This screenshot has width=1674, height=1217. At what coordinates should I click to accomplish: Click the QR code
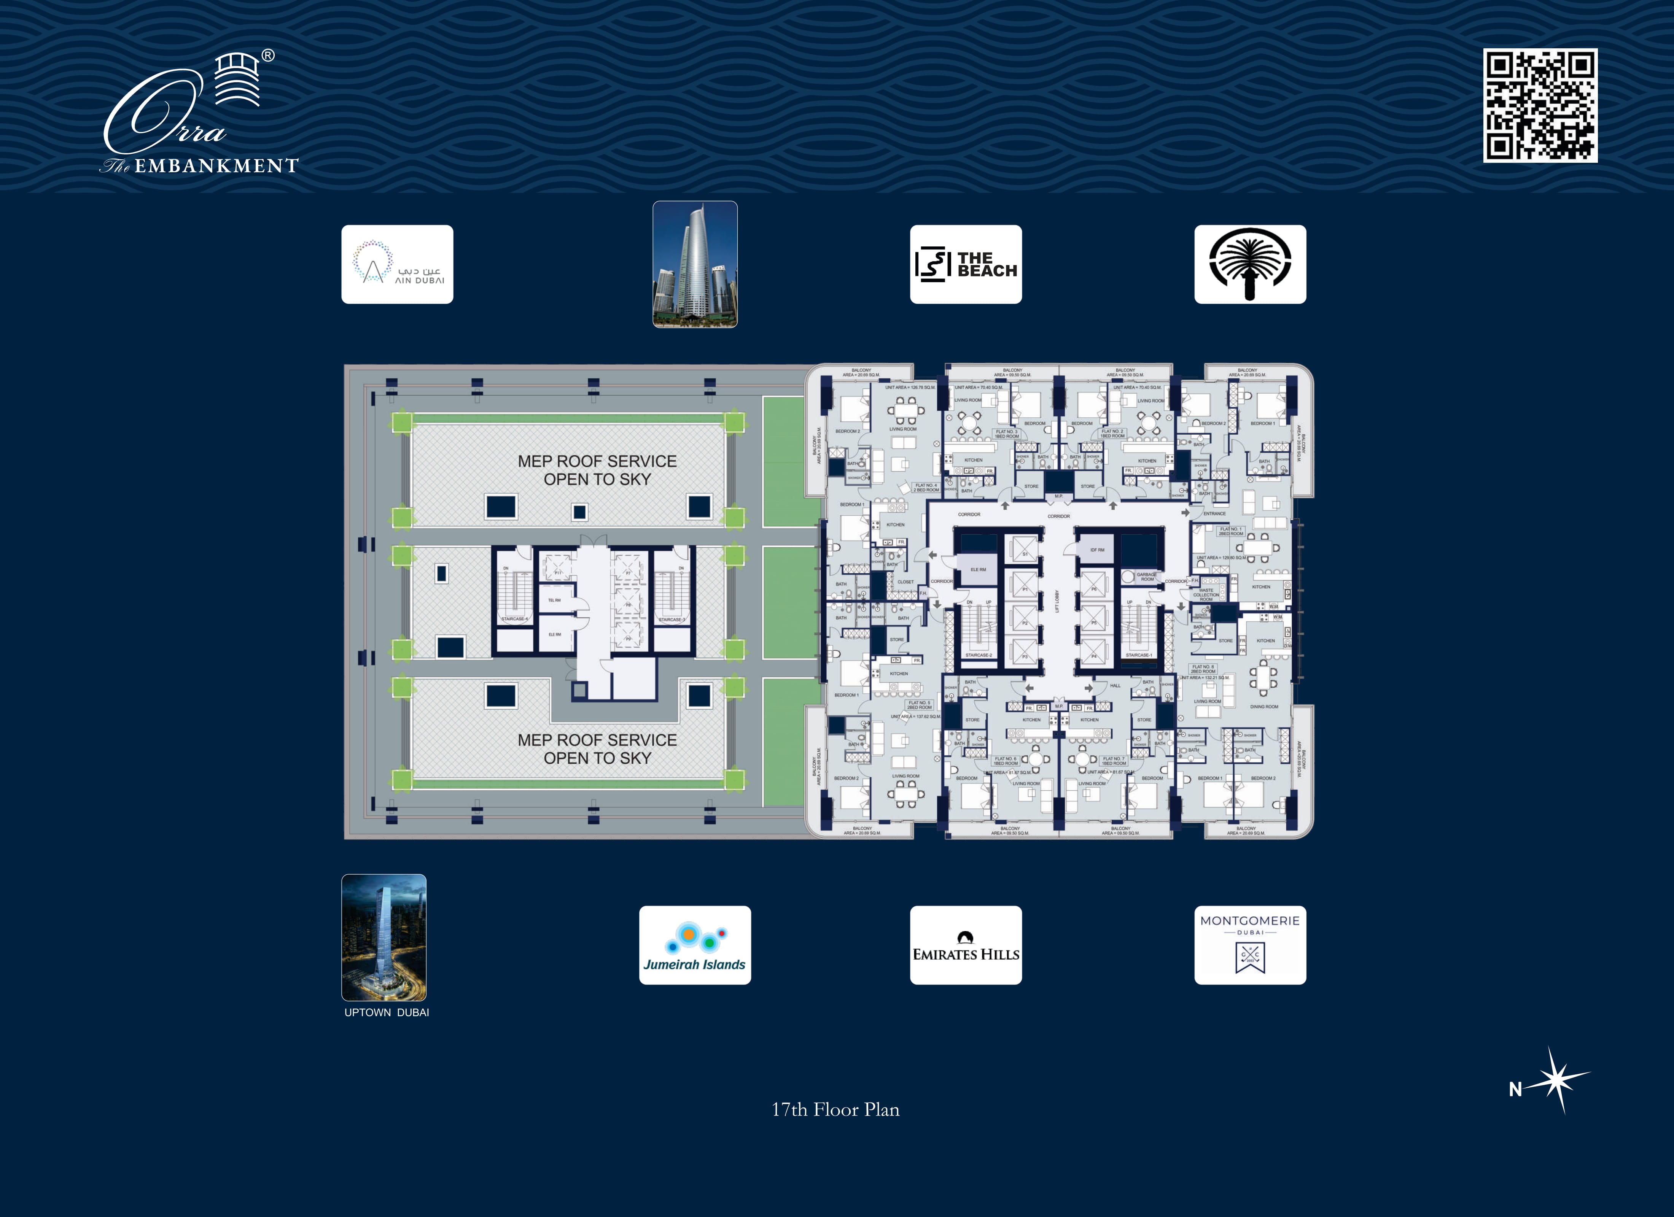[1540, 106]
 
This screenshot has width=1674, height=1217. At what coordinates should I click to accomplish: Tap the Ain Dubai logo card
[397, 264]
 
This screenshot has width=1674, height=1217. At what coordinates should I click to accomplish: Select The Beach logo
[966, 264]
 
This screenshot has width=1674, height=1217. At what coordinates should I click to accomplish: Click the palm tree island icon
[1249, 264]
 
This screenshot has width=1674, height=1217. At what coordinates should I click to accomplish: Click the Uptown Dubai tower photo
[384, 937]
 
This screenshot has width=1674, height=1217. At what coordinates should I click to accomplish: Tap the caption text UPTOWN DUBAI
[386, 1012]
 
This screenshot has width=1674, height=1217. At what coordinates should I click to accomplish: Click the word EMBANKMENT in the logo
[216, 166]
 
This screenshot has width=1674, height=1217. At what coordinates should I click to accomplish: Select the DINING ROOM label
[1263, 706]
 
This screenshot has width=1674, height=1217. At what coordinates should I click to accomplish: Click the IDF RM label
[1098, 550]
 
